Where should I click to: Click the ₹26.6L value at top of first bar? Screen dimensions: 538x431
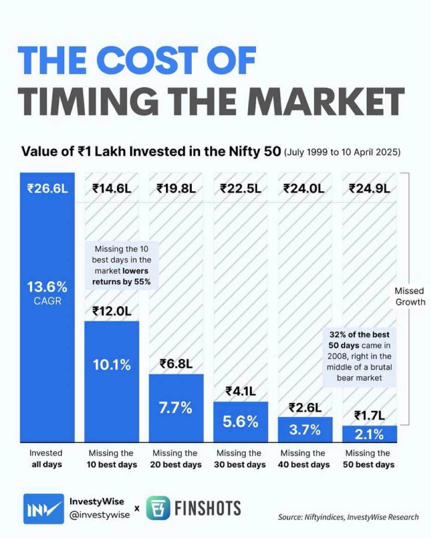[48, 189]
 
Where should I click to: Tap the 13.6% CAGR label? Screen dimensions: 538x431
[48, 293]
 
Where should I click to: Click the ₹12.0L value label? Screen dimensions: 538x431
[111, 311]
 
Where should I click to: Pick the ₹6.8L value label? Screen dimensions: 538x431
[176, 364]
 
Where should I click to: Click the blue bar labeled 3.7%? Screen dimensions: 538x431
[305, 429]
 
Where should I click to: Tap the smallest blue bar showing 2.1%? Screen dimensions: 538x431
[369, 433]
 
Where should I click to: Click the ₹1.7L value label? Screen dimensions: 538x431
[369, 416]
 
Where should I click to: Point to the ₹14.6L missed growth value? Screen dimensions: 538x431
[111, 189]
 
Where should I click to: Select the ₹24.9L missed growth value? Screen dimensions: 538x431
[369, 189]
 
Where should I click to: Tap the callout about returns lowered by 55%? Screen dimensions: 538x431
[121, 265]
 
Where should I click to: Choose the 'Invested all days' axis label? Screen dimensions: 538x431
[46, 459]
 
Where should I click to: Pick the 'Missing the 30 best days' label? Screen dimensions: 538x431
[240, 459]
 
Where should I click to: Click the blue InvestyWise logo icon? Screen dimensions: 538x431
[44, 508]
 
